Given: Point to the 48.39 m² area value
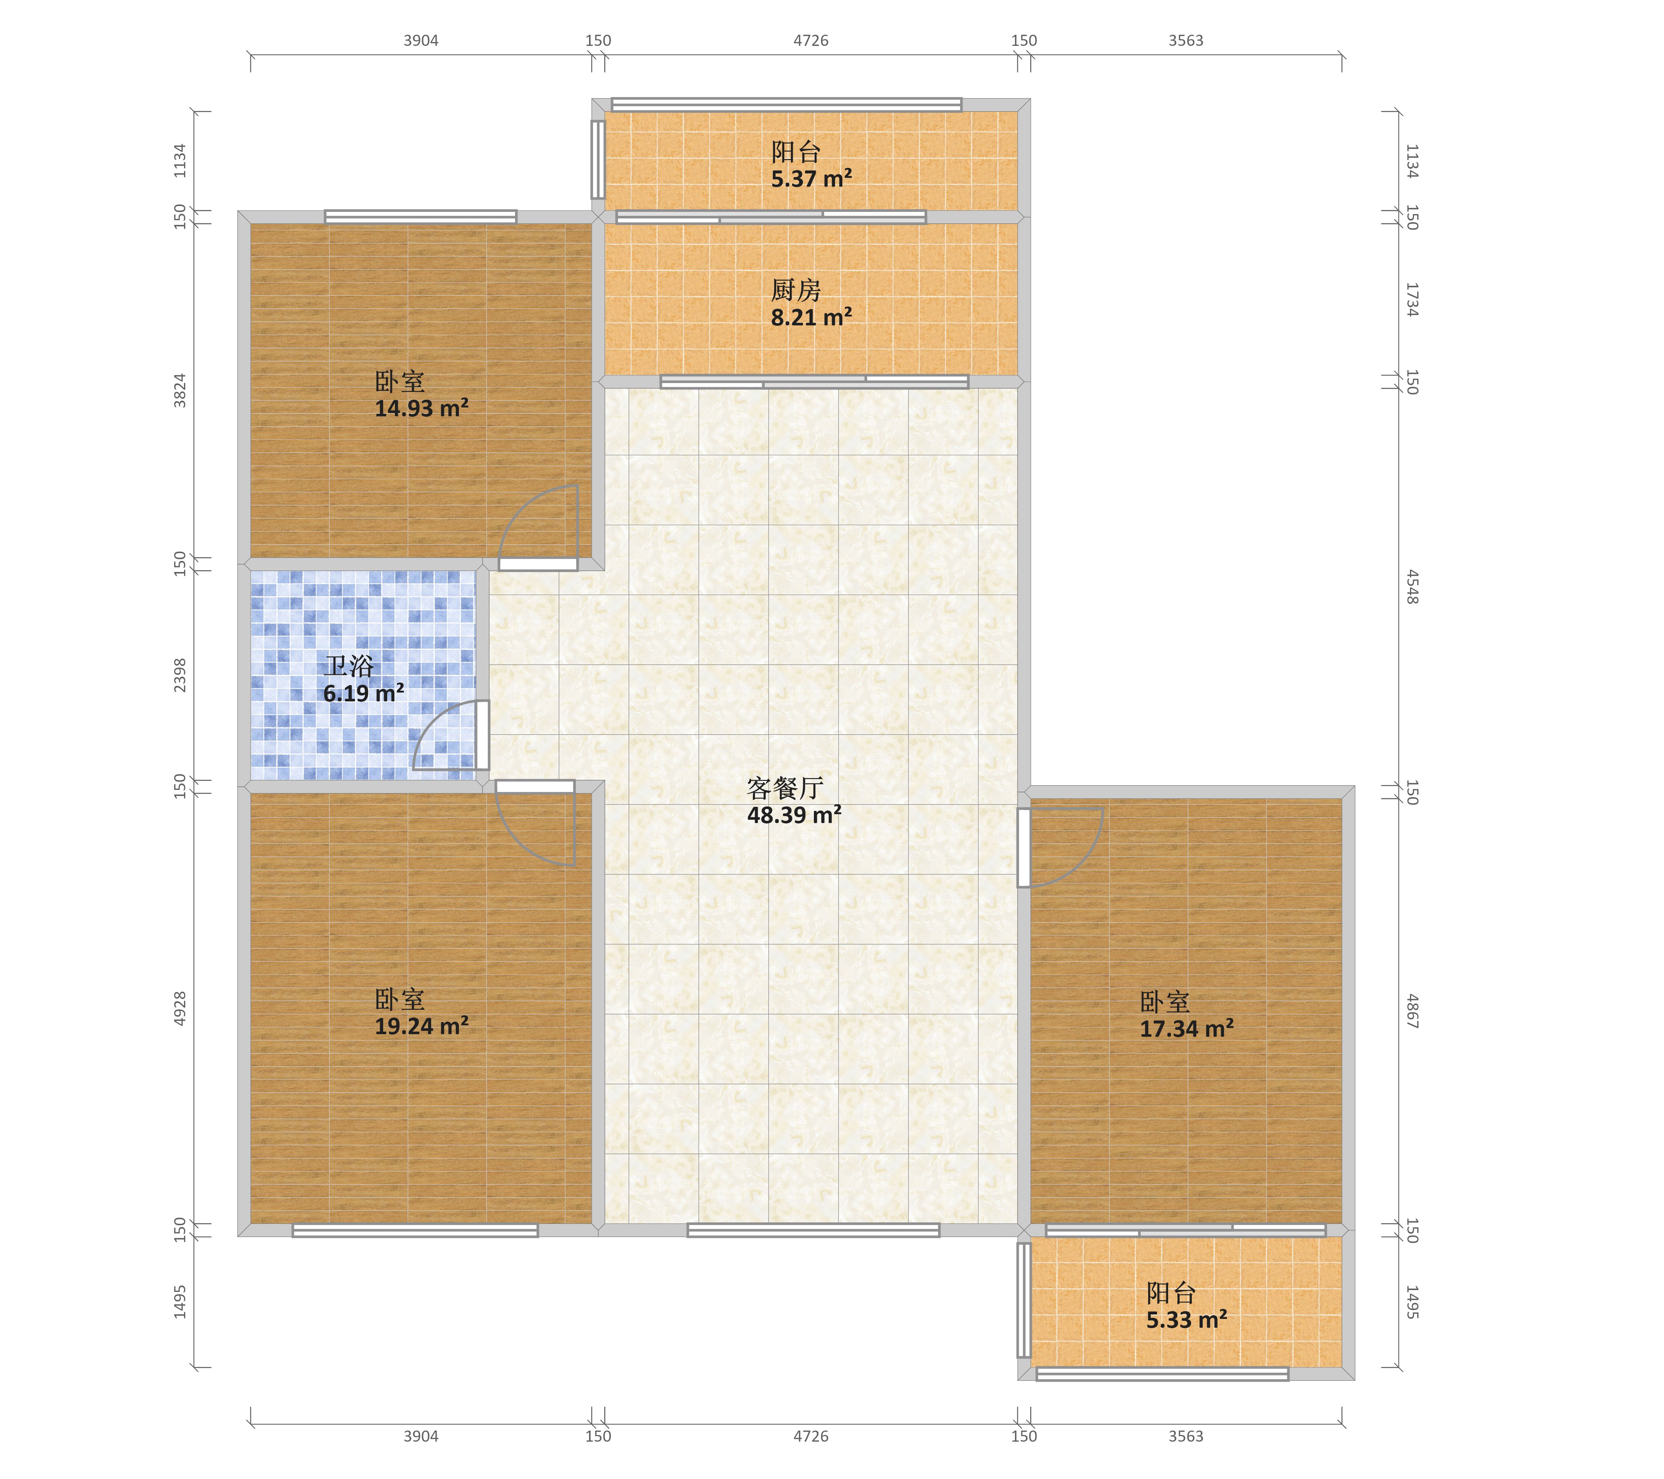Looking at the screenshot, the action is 794,815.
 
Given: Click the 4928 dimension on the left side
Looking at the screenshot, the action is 180,1008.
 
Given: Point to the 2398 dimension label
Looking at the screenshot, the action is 180,676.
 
